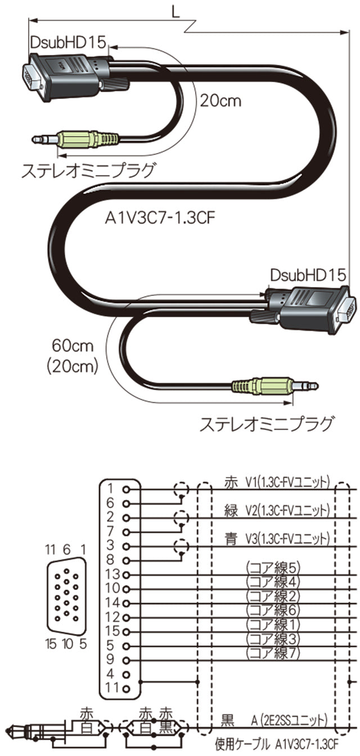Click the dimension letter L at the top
pos(176,11)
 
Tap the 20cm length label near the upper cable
pos(220,101)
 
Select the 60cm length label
pos(72,344)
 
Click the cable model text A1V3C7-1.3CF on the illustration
pos(161,218)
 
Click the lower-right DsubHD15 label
pos(307,276)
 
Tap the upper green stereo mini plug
pos(90,138)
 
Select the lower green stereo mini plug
pos(262,386)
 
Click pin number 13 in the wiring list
pos(113,574)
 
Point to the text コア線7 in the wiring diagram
pos(273,653)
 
